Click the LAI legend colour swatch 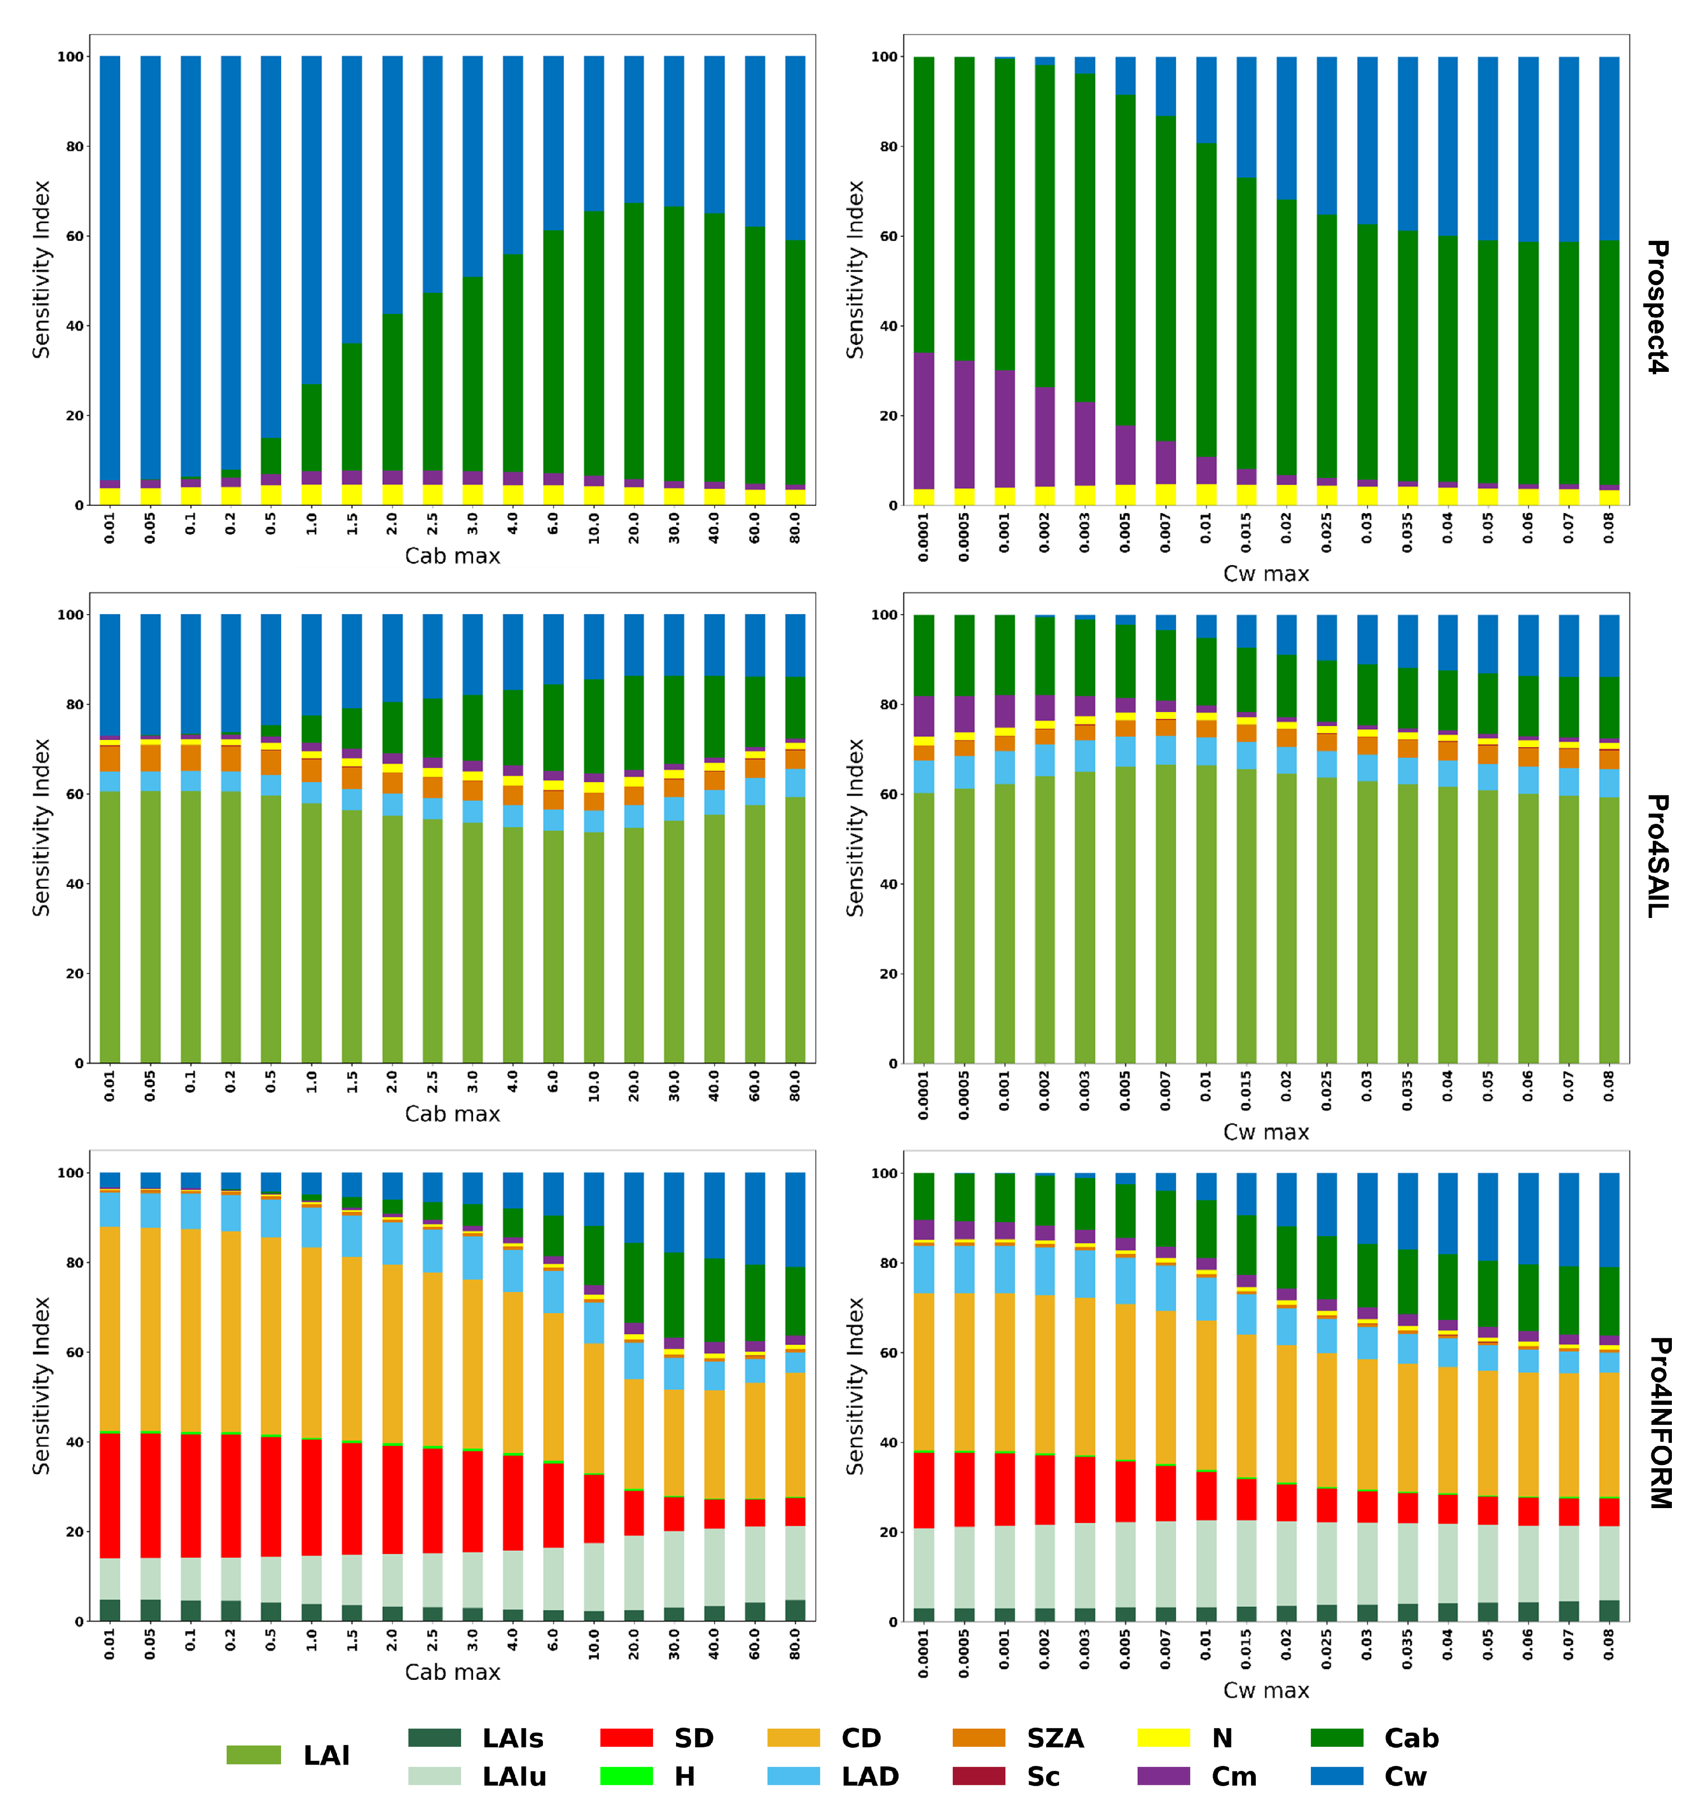[253, 1755]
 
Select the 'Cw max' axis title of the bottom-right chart [1265, 1690]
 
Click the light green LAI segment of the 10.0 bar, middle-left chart [594, 948]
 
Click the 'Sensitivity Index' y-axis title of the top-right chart [854, 270]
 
